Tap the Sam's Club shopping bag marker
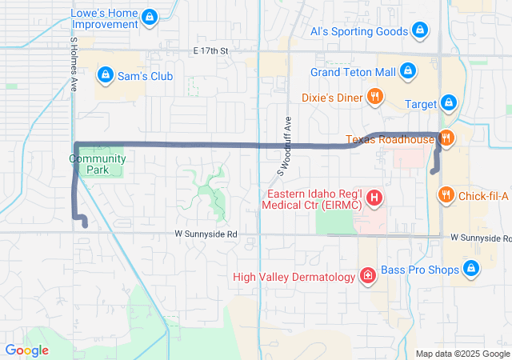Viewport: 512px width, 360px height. click(x=104, y=75)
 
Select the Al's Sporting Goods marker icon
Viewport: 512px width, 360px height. click(x=421, y=32)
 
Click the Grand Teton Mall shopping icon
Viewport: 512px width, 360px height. click(x=408, y=71)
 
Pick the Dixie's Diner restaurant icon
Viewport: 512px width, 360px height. click(x=375, y=98)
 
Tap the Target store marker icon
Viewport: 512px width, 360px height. click(x=449, y=104)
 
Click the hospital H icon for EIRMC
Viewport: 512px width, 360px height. click(x=373, y=198)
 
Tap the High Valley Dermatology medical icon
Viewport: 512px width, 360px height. click(x=367, y=277)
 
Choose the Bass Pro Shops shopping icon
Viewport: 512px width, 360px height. click(x=471, y=270)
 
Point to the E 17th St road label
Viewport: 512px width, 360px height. click(x=211, y=51)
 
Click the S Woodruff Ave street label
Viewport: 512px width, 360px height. click(x=285, y=145)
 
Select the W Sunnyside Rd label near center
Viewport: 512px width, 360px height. click(x=206, y=234)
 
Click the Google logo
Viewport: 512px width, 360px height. click(x=27, y=350)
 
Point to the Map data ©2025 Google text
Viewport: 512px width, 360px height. click(x=462, y=354)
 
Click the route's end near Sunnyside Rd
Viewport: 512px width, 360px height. click(x=85, y=226)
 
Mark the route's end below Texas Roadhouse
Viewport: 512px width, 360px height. click(x=433, y=171)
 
